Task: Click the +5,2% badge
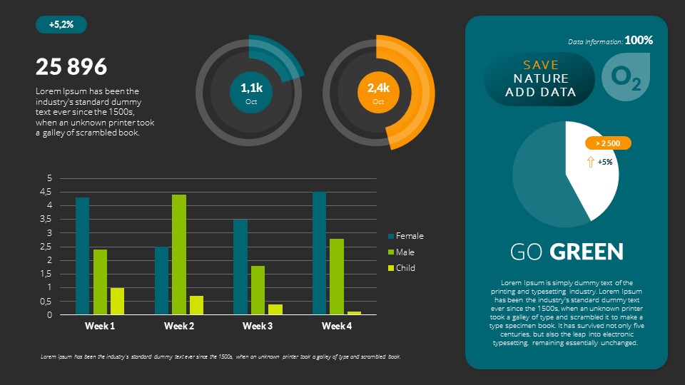[x=61, y=25]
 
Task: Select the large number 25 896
[x=71, y=67]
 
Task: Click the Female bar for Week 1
[x=83, y=256]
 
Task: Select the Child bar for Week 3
[x=275, y=309]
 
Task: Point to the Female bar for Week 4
[x=319, y=253]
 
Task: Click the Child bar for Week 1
[x=117, y=301]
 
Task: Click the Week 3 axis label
[x=258, y=327]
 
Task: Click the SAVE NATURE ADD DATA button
[x=539, y=79]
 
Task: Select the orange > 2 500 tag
[x=608, y=143]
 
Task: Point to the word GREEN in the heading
[x=587, y=252]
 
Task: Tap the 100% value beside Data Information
[x=639, y=41]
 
